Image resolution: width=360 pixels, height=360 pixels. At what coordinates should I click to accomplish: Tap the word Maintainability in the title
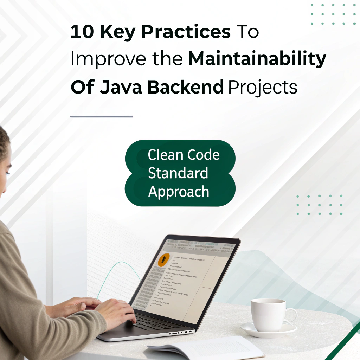pos(257,59)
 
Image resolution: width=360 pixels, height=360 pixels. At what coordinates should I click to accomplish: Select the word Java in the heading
pos(121,87)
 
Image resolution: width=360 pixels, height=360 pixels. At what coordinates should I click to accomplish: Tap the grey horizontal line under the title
pos(101,116)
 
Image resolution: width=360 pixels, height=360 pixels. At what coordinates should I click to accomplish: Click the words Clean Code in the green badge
pos(184,155)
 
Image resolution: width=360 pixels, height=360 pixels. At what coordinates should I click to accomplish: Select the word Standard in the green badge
pos(178,173)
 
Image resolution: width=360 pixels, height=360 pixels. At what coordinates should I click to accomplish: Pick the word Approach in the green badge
pos(179,192)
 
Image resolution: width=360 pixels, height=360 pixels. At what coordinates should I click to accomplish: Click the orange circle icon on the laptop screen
pos(164,260)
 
